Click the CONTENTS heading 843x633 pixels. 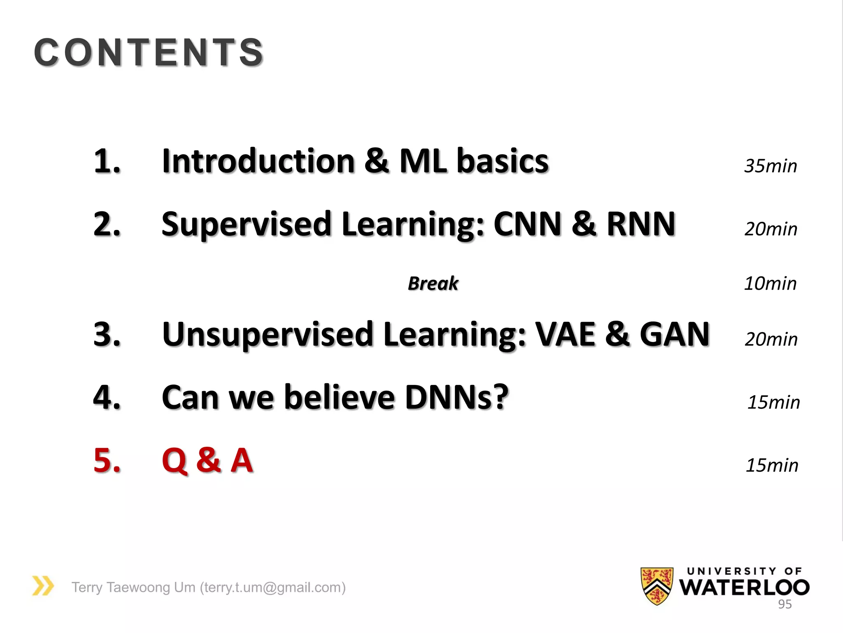point(149,52)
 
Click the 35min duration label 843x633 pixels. point(771,166)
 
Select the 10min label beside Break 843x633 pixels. point(770,284)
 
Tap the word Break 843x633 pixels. point(433,284)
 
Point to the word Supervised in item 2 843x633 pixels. point(246,225)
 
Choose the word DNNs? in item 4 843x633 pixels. point(457,397)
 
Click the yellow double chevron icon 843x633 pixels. point(43,586)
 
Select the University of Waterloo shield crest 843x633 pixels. point(657,585)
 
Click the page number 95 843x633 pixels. point(785,604)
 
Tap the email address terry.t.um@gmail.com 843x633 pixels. point(272,587)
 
